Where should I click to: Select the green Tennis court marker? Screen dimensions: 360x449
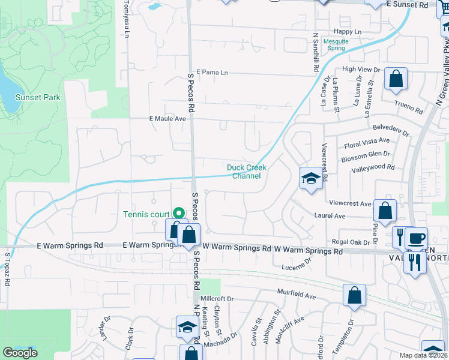pyautogui.click(x=178, y=213)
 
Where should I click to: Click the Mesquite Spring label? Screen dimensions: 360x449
pyautogui.click(x=336, y=44)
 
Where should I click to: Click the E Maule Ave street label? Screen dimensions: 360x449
pyautogui.click(x=167, y=119)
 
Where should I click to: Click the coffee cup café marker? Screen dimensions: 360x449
pyautogui.click(x=416, y=237)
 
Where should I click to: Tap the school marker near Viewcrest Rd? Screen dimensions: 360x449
pyautogui.click(x=311, y=178)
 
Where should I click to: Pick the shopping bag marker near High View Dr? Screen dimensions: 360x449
pyautogui.click(x=396, y=79)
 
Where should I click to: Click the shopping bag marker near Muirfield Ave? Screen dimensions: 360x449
pyautogui.click(x=354, y=295)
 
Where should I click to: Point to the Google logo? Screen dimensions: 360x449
pyautogui.click(x=20, y=353)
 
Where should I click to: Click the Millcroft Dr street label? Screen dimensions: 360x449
pyautogui.click(x=217, y=298)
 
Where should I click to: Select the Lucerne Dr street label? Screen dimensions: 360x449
pyautogui.click(x=298, y=264)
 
